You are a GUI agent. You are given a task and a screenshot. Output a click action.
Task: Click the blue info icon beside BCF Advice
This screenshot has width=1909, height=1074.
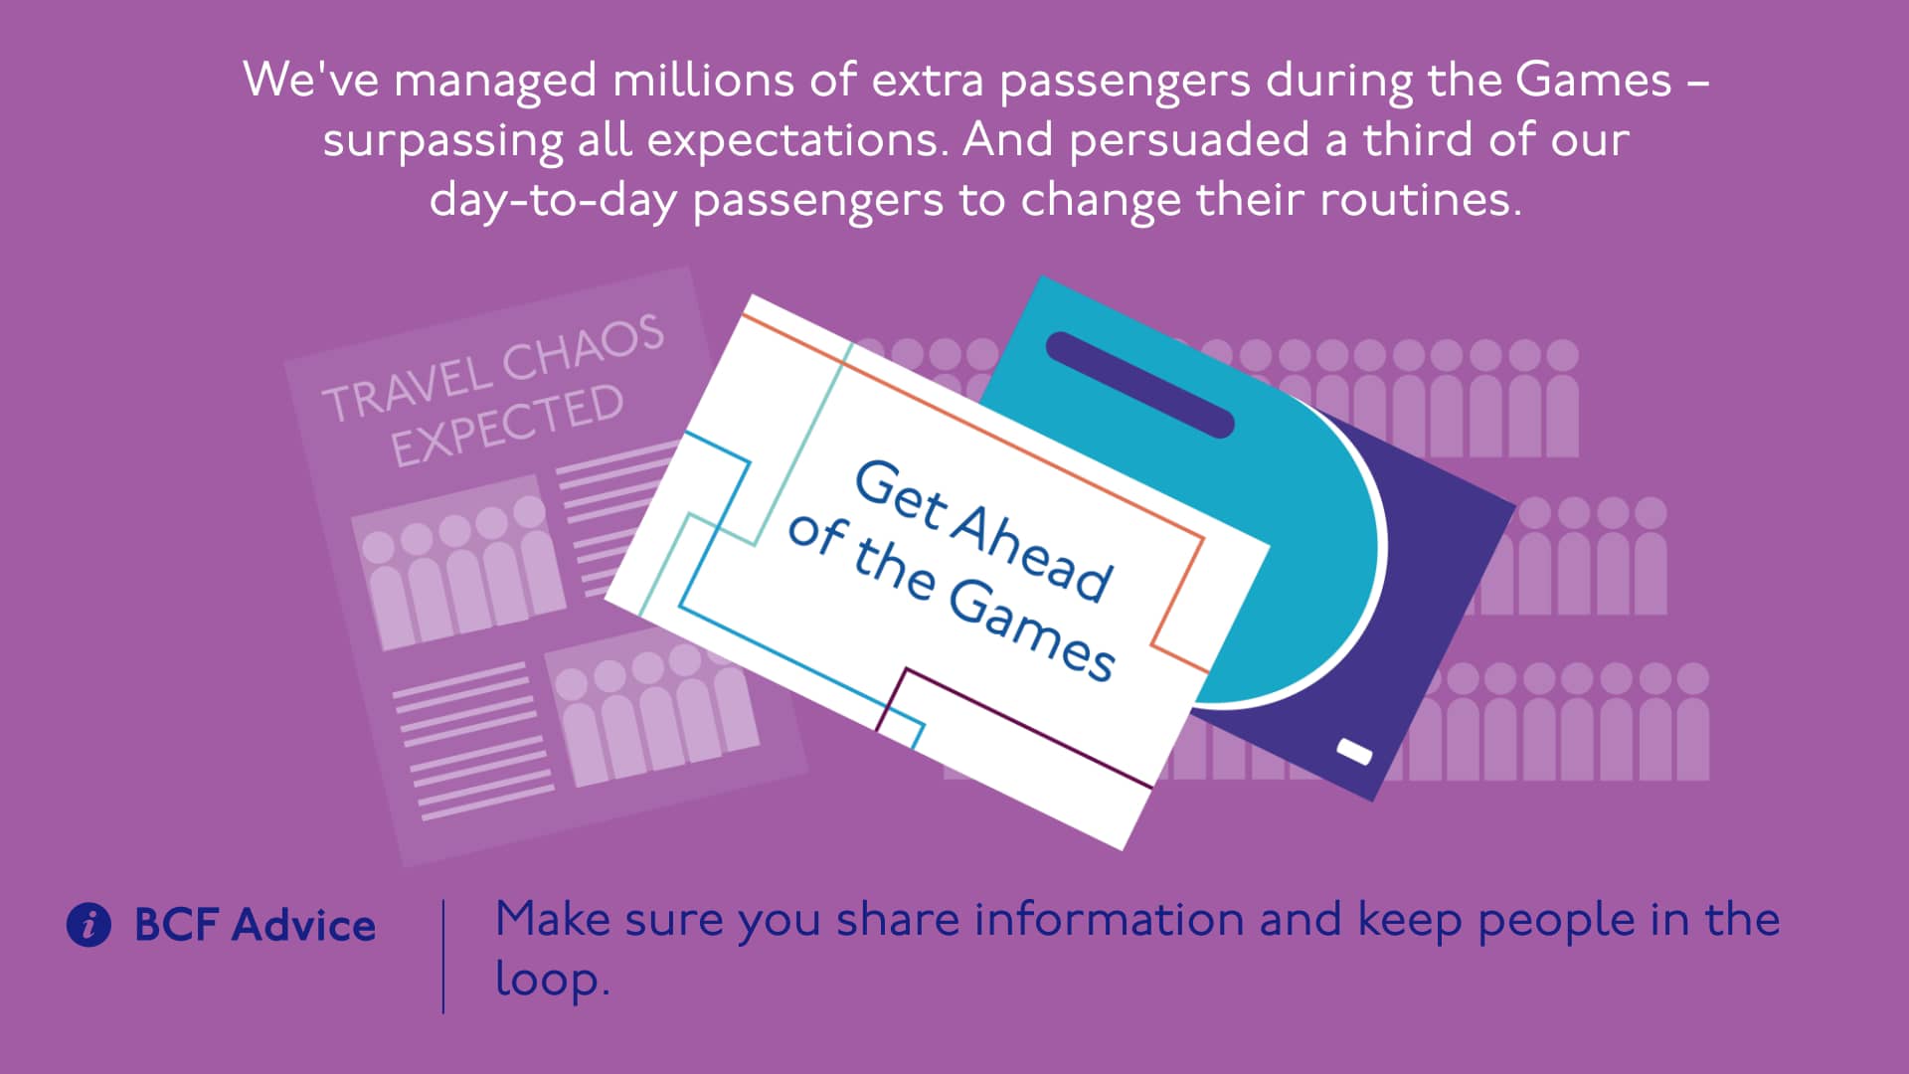point(88,925)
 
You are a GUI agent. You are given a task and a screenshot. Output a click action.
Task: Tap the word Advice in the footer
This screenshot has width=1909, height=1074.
point(304,925)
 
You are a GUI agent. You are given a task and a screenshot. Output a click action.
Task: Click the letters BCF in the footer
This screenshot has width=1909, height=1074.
point(176,925)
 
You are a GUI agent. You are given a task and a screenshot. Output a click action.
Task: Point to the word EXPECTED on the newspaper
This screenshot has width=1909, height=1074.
point(507,425)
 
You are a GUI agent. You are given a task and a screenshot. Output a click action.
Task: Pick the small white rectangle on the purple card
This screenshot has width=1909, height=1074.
point(1354,752)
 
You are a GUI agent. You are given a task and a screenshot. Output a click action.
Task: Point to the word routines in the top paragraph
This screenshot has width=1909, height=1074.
point(1419,200)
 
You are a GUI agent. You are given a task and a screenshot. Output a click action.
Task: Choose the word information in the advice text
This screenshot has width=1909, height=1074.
point(1109,919)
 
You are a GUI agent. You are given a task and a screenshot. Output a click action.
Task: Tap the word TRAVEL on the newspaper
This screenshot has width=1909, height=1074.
point(408,387)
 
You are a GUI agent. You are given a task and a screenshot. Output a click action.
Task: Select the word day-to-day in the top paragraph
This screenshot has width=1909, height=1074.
point(553,201)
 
